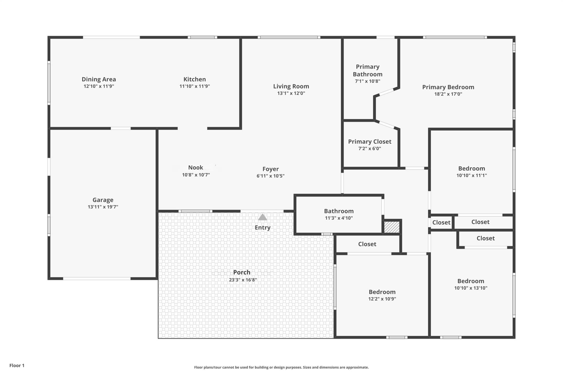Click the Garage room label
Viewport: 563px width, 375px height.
point(103,200)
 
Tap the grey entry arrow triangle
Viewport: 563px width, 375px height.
point(263,217)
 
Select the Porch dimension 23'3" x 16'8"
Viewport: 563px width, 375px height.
point(243,280)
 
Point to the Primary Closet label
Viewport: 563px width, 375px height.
point(369,142)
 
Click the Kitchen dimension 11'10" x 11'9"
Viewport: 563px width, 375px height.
point(195,86)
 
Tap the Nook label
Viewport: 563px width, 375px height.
point(195,167)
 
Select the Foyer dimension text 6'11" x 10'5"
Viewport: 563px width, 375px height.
point(270,176)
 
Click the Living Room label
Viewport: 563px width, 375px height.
point(291,86)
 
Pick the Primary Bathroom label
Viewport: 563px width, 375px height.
point(368,70)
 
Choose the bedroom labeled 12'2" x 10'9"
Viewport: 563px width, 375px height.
point(382,292)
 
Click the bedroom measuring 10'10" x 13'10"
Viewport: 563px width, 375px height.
point(471,281)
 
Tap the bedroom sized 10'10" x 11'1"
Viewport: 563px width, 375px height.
point(471,169)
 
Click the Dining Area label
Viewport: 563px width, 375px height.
point(99,79)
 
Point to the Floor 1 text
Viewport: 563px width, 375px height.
point(17,365)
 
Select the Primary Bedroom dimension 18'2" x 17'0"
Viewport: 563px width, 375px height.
point(448,94)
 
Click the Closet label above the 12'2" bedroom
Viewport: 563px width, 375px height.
point(367,244)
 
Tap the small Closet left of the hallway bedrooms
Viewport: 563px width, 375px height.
point(441,222)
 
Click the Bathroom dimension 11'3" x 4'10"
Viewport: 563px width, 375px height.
point(339,218)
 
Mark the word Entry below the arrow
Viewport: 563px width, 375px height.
point(263,227)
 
